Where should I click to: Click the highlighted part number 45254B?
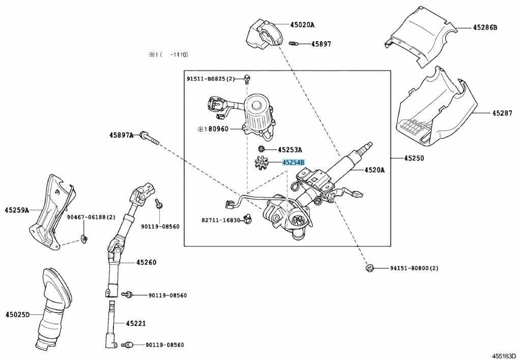tap(294, 162)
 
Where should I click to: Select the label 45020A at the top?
tap(302, 24)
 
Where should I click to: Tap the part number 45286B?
tap(485, 27)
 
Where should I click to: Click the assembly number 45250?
tap(414, 158)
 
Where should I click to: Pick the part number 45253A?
tap(290, 150)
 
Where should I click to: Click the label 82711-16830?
tap(220, 220)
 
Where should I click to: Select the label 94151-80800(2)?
tap(414, 268)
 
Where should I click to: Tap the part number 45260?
tap(146, 262)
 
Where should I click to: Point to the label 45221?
tap(136, 323)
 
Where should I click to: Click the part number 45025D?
tap(18, 314)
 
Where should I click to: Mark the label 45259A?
tap(17, 210)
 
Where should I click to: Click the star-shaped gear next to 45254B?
tap(264, 163)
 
